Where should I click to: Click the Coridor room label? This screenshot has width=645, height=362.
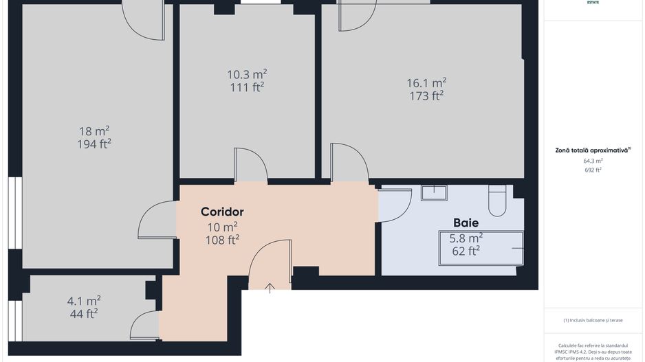coord(222,212)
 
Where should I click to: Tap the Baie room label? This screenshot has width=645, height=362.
coord(466,223)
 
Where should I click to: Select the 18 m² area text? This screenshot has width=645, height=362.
coord(94,131)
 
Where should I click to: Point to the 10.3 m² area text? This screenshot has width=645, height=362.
coord(247,73)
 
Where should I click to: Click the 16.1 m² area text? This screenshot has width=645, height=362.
coord(426,83)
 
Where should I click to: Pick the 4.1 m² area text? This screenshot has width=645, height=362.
coord(84,300)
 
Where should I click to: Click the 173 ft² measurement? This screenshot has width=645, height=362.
coord(426,96)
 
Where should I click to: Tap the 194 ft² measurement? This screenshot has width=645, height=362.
coord(94,144)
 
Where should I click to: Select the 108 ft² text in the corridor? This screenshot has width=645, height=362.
coord(222,240)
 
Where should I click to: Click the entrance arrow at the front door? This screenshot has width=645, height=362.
coord(270,288)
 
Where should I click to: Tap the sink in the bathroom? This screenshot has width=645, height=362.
coord(434,192)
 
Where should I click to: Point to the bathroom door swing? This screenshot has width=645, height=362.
coord(395,205)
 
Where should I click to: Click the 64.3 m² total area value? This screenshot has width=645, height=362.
coord(593,161)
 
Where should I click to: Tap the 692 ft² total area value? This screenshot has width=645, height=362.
coord(593,170)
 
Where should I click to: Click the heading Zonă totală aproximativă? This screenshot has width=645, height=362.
coord(593,150)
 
